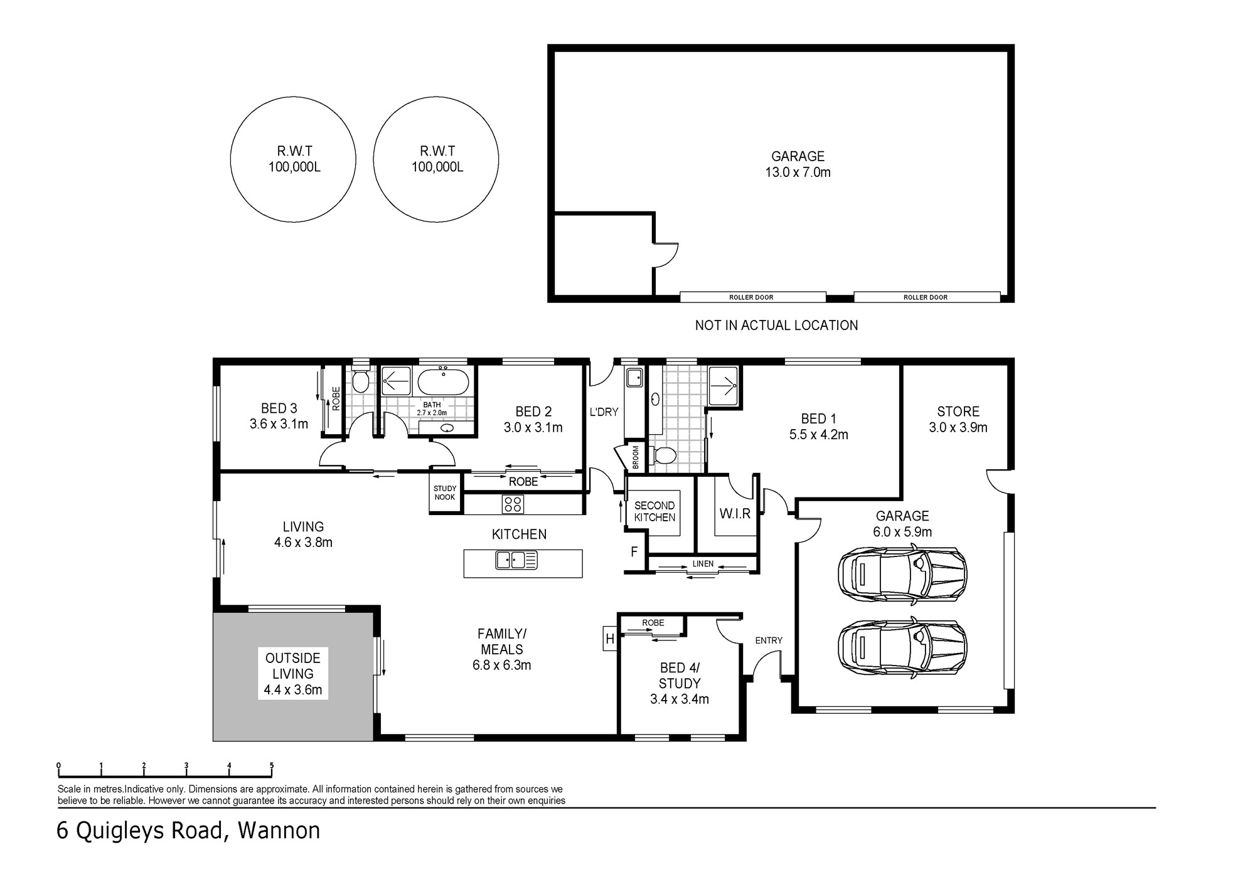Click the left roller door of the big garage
click(x=752, y=297)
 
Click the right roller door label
click(x=926, y=297)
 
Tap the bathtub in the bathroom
click(x=443, y=381)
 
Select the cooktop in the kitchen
click(x=513, y=504)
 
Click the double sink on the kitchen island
click(x=516, y=560)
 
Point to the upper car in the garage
click(x=902, y=575)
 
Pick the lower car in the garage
click(x=902, y=647)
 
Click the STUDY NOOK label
click(x=445, y=493)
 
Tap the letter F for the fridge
click(x=634, y=552)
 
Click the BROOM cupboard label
click(x=636, y=457)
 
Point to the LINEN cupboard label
click(x=703, y=564)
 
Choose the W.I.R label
click(x=735, y=514)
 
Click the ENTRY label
click(x=769, y=640)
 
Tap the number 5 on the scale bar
click(x=272, y=765)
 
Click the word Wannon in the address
click(x=279, y=831)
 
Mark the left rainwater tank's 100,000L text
click(x=294, y=167)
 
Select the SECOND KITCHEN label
click(x=654, y=511)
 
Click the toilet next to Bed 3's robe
click(x=360, y=380)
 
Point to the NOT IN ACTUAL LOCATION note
click(x=776, y=326)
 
